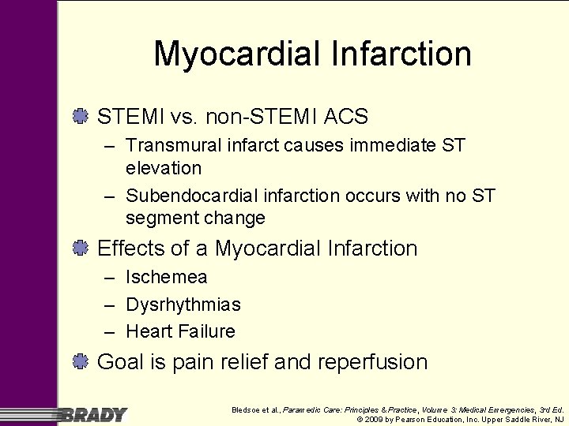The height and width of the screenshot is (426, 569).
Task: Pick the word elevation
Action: [x=164, y=168]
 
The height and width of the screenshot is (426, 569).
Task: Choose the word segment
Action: [x=161, y=218]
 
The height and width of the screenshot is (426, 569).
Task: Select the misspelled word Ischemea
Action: [x=167, y=278]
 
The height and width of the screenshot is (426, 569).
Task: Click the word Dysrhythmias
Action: [x=183, y=305]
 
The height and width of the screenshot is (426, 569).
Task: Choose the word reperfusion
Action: [x=372, y=363]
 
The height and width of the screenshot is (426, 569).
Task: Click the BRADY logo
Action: [x=92, y=415]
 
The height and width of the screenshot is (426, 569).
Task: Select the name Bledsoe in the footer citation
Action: [x=245, y=410]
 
